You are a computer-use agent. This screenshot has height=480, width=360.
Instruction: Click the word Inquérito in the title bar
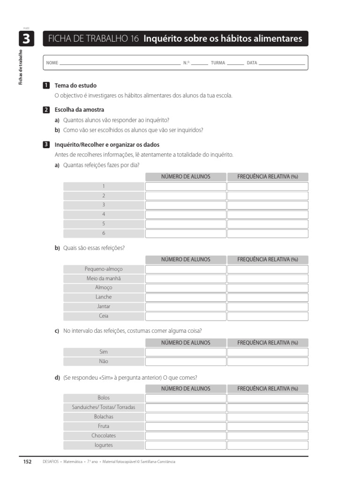[x=162, y=39]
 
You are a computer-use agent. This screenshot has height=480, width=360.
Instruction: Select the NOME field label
[x=52, y=63]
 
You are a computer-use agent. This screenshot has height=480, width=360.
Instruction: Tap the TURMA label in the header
[x=217, y=63]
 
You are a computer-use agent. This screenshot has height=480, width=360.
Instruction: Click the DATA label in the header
[x=252, y=63]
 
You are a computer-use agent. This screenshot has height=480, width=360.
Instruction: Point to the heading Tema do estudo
[x=75, y=86]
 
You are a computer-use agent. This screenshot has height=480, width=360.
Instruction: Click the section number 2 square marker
[x=46, y=110]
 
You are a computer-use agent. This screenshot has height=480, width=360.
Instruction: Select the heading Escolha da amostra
[x=79, y=110]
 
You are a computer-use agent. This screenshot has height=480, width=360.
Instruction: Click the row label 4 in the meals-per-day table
[x=104, y=214]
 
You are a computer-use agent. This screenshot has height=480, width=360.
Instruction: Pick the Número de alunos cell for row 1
[x=185, y=187]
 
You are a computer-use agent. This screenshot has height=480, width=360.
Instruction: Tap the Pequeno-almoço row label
[x=104, y=269]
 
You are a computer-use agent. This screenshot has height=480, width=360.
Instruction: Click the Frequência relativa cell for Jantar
[x=268, y=307]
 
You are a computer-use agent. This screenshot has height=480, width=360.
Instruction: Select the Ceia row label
[x=104, y=316]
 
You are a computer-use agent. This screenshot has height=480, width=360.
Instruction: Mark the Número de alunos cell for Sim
[x=185, y=352]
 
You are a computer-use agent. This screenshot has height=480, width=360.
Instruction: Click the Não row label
[x=104, y=361]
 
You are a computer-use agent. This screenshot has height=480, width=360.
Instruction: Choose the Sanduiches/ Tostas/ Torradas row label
[x=104, y=407]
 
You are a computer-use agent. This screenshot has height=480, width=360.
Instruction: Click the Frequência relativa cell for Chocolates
[x=268, y=435]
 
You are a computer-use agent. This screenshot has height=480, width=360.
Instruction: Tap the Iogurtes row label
[x=104, y=445]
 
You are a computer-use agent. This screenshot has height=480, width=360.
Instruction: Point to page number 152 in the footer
[x=27, y=462]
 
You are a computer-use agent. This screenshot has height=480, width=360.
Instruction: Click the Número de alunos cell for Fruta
[x=185, y=426]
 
